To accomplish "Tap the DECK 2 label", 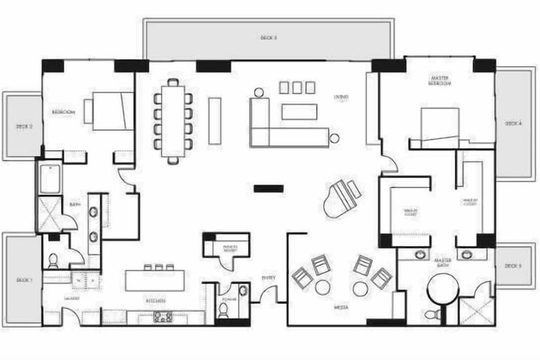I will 25,127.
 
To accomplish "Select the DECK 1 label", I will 25,280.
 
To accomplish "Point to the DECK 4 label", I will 514,123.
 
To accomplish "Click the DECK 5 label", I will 513,266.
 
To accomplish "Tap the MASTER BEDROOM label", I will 439,81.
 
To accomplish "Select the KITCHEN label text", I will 156,300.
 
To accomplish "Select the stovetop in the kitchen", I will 163,316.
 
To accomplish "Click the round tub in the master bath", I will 442,288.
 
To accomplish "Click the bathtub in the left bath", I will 49,179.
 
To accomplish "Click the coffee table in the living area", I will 299,112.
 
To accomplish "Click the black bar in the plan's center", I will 268,188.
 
